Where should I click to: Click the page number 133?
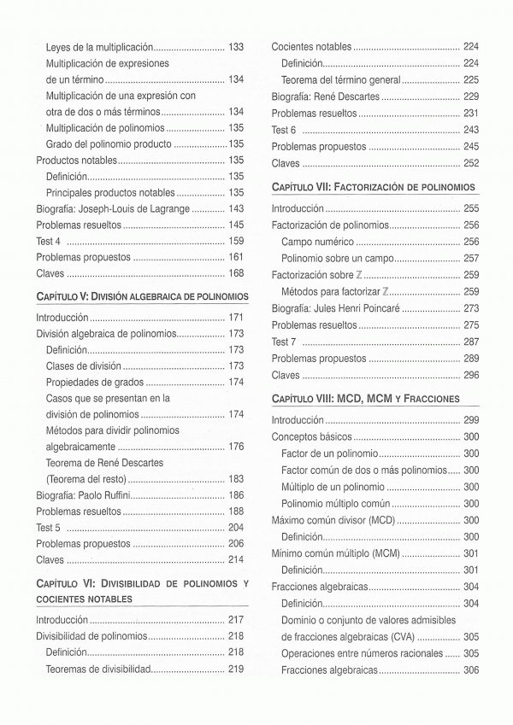[236, 47]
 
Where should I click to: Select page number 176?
[236, 447]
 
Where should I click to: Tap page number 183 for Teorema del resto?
[236, 479]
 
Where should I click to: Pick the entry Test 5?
[49, 528]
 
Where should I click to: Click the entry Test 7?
[284, 342]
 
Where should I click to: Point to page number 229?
[470, 96]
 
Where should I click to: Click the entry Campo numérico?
[317, 242]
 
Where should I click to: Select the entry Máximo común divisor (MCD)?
[333, 520]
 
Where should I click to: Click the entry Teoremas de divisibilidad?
[98, 669]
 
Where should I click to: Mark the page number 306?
[470, 669]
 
